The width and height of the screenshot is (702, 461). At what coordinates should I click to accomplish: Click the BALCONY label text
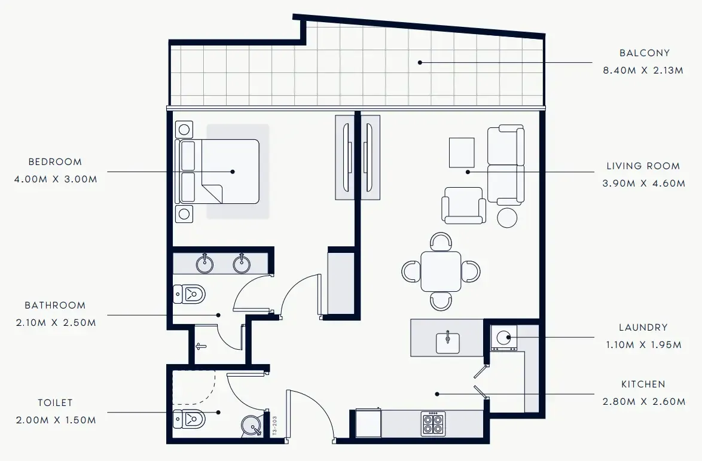[x=645, y=53]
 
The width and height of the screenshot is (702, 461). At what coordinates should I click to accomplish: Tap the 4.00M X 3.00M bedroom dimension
[x=55, y=179]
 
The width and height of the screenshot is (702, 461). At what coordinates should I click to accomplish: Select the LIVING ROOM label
[x=643, y=166]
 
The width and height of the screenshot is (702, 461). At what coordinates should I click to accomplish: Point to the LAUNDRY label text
[x=643, y=328]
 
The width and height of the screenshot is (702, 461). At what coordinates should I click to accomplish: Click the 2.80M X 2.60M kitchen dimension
[x=643, y=402]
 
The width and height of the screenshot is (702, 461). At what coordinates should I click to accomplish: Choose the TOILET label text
[x=54, y=403]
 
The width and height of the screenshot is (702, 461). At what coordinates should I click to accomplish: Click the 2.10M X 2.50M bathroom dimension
[x=54, y=323]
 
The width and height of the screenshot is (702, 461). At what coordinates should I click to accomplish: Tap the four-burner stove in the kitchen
[x=433, y=424]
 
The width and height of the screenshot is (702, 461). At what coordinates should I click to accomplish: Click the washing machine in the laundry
[x=503, y=338]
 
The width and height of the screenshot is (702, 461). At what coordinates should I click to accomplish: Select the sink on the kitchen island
[x=448, y=343]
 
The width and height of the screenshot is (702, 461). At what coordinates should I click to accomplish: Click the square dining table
[x=441, y=271]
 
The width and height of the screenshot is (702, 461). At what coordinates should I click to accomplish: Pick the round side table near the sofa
[x=508, y=217]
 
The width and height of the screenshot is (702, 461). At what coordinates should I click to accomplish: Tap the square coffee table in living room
[x=462, y=152]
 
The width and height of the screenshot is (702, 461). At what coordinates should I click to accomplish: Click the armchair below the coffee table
[x=463, y=206]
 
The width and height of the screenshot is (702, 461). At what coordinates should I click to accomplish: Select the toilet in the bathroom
[x=190, y=294]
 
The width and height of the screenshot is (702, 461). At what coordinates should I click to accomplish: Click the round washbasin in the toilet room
[x=252, y=426]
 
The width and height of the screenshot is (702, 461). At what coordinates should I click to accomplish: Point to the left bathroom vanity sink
[x=205, y=263]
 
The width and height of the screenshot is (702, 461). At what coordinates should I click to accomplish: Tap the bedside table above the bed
[x=184, y=129]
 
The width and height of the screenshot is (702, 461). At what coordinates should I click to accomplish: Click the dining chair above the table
[x=441, y=242]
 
